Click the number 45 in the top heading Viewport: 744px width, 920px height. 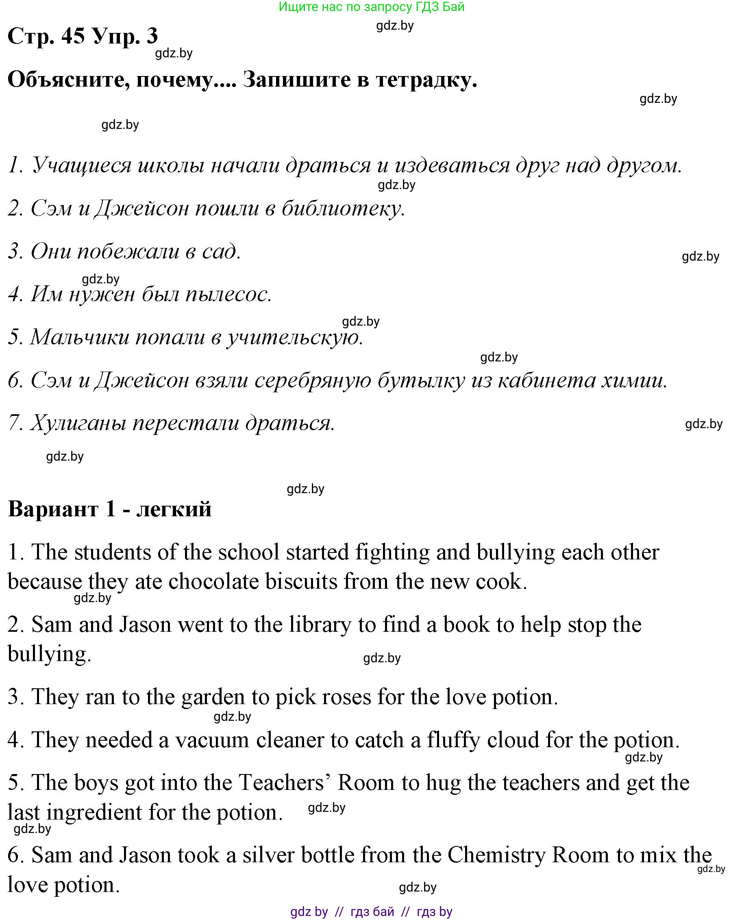(x=73, y=35)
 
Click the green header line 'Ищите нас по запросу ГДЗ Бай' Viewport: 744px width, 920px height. (x=371, y=7)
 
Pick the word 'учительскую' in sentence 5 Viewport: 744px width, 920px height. (x=294, y=337)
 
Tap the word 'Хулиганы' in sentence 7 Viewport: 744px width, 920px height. (x=78, y=423)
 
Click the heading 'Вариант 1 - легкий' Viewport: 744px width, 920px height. (x=110, y=509)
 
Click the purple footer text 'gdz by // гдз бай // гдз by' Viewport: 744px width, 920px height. (x=371, y=911)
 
